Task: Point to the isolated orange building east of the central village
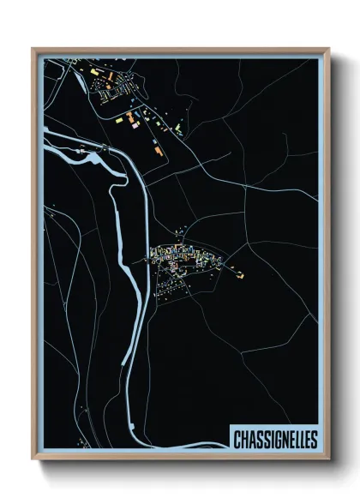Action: (x=241, y=275)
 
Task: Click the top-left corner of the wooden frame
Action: (x=33, y=50)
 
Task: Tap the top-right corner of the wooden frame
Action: (x=328, y=50)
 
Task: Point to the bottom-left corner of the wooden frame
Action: (x=33, y=459)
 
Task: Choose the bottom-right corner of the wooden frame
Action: (x=328, y=459)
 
